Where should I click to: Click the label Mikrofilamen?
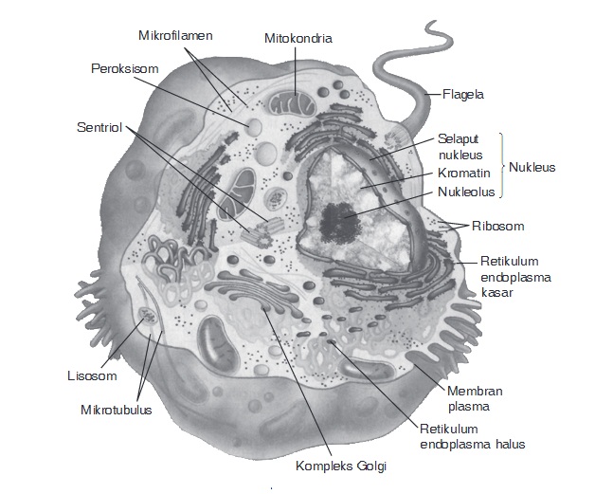(x=175, y=35)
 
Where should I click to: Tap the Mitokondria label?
(x=298, y=39)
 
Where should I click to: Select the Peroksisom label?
(x=124, y=69)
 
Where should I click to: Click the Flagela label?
(x=463, y=94)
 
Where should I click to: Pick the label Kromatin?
(x=463, y=174)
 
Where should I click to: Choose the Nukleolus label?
(x=466, y=192)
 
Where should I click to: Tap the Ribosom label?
(x=498, y=226)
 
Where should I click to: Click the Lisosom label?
(x=91, y=375)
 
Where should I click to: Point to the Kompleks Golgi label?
(x=342, y=466)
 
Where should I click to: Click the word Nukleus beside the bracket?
(x=532, y=167)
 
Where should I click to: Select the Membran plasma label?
(x=475, y=399)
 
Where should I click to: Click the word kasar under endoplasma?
(x=496, y=293)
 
